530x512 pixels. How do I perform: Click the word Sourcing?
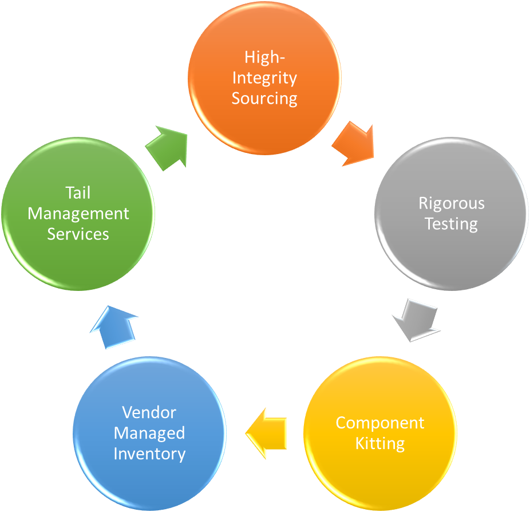[x=264, y=98]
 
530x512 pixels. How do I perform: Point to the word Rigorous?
[x=451, y=203]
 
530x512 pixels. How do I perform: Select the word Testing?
[x=451, y=223]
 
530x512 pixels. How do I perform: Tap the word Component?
[x=380, y=423]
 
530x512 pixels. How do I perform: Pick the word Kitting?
[x=380, y=443]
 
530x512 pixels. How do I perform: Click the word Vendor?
[x=149, y=412]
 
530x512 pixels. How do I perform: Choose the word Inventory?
[x=149, y=454]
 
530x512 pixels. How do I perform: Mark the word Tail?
[x=78, y=192]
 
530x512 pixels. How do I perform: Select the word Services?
[x=78, y=234]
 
